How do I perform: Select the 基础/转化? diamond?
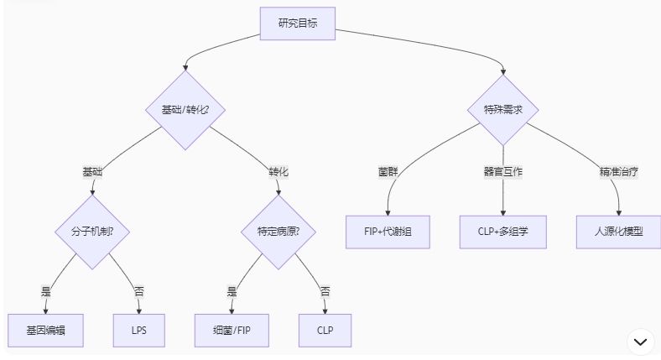pos(185,110)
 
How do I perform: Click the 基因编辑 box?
pos(46,330)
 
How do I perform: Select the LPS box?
pos(138,330)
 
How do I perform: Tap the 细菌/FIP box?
pos(233,330)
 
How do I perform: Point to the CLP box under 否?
pos(325,330)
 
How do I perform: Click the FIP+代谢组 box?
pos(388,231)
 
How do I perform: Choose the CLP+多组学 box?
pos(502,231)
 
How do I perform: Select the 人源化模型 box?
pos(618,231)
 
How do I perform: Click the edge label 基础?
pos(92,171)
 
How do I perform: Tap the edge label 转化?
pos(278,171)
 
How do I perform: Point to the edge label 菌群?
pos(388,171)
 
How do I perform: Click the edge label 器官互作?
pos(502,171)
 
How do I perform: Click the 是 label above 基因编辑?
pos(46,292)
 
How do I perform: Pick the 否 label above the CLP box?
pos(325,292)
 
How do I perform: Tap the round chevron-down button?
pos(641,341)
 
